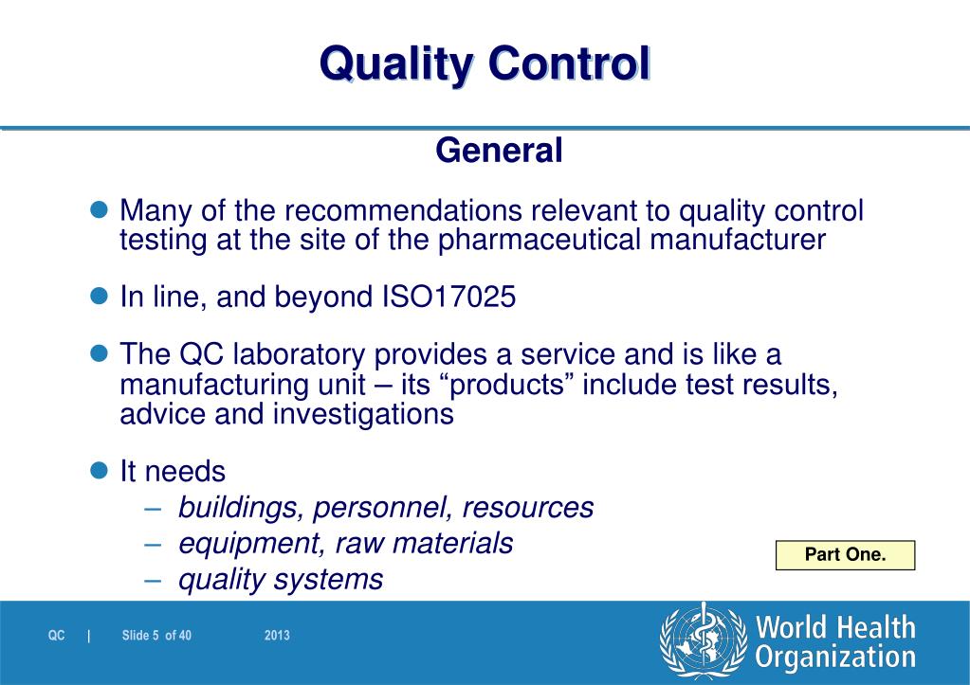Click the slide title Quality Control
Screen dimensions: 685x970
click(x=485, y=64)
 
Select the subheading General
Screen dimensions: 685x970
click(x=499, y=150)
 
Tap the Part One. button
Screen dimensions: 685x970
click(x=845, y=555)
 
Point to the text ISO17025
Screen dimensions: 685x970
click(x=448, y=297)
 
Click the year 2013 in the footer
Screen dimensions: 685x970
click(x=277, y=636)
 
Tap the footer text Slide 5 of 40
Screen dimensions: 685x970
click(x=157, y=636)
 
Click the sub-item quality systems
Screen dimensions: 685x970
click(x=281, y=579)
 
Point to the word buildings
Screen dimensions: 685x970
click(x=239, y=508)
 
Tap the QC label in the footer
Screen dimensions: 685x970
click(x=57, y=636)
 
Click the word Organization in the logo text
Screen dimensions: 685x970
click(x=834, y=657)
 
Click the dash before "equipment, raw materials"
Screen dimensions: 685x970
click(x=156, y=544)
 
